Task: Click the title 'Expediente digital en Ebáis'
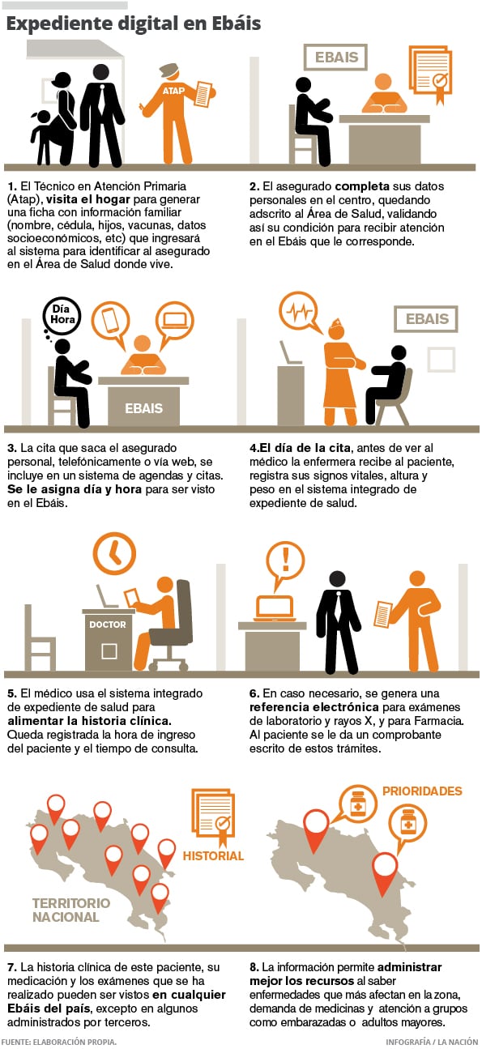(x=134, y=23)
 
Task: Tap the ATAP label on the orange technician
(x=173, y=91)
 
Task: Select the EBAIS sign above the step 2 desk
(x=335, y=58)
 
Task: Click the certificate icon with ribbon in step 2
(x=431, y=75)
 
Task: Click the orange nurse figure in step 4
(x=340, y=371)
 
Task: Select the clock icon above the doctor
(x=114, y=553)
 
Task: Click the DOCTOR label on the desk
(x=108, y=625)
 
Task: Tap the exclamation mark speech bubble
(x=285, y=563)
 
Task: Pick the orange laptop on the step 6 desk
(x=275, y=608)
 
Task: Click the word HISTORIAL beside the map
(x=213, y=855)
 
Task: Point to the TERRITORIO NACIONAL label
(x=70, y=910)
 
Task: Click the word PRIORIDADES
(x=422, y=791)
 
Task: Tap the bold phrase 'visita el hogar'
(x=88, y=199)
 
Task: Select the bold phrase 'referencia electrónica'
(x=314, y=706)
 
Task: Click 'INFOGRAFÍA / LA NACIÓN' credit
(x=432, y=1042)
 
